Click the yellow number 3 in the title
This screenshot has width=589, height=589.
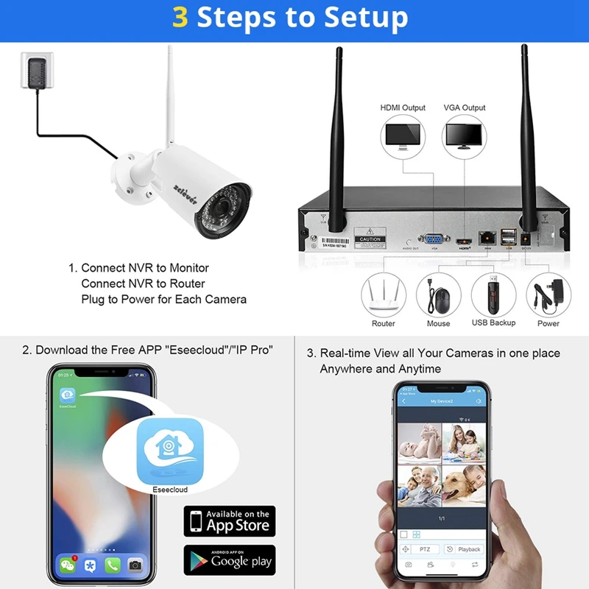(x=180, y=16)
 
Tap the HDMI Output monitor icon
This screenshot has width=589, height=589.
(x=402, y=135)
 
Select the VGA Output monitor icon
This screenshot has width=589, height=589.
(x=465, y=135)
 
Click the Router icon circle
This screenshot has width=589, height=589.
(x=383, y=295)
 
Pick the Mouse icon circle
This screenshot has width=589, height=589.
(x=439, y=295)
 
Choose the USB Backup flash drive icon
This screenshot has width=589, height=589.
(x=493, y=294)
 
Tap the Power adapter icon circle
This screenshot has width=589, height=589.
(x=549, y=295)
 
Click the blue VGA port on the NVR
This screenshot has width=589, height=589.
(x=434, y=239)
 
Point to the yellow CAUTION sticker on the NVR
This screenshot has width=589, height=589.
(x=370, y=239)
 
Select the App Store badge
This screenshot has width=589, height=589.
(x=229, y=521)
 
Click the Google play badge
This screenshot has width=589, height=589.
(x=229, y=560)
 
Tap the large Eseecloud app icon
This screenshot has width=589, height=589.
(x=170, y=450)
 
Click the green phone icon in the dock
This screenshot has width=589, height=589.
(x=112, y=565)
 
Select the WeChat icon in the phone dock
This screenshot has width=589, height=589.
(x=68, y=565)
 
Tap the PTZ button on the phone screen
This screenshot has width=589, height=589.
(x=424, y=549)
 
